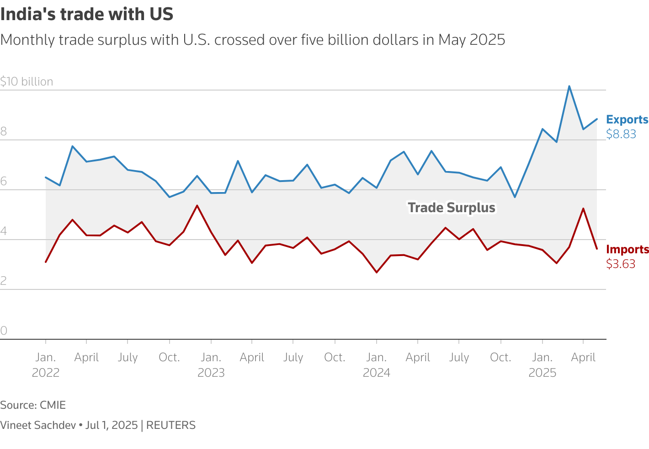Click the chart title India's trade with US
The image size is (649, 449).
point(87,14)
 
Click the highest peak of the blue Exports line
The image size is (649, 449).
point(569,86)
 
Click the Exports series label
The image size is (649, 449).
point(627,119)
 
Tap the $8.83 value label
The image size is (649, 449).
point(621,134)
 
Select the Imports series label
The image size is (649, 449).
point(627,249)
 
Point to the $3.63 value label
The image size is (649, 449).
point(620,264)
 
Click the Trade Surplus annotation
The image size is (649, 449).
point(451,208)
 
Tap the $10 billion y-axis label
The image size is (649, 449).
point(27,81)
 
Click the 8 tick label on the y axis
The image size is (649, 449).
point(4,132)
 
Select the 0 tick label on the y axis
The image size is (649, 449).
point(4,331)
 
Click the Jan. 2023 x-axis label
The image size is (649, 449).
point(211,364)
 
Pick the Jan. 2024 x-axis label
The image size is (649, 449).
point(376,364)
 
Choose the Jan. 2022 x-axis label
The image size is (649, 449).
point(45,364)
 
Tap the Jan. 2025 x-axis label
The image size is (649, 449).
point(542,364)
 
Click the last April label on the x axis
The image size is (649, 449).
point(583,357)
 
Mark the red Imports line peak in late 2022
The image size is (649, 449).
point(197,206)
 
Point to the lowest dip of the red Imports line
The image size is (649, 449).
point(377,273)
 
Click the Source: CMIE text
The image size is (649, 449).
point(33,405)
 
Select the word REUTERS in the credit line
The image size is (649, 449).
point(170,425)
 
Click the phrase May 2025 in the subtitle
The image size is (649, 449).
point(471,40)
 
